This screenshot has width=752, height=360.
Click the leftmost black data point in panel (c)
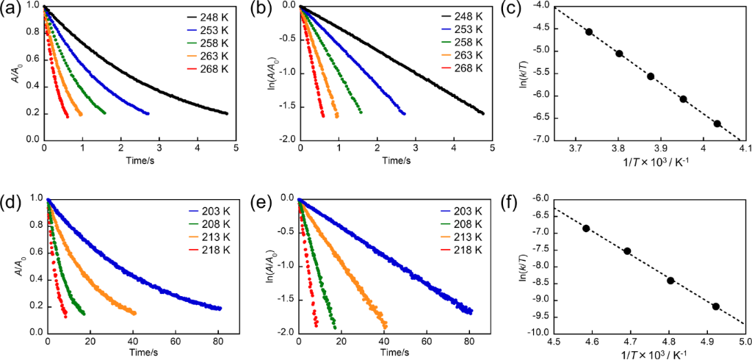pyautogui.click(x=589, y=32)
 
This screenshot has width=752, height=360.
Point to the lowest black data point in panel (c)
pyautogui.click(x=717, y=123)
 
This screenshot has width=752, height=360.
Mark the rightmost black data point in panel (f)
pyautogui.click(x=715, y=306)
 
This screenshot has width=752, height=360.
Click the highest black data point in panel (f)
pyautogui.click(x=586, y=228)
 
